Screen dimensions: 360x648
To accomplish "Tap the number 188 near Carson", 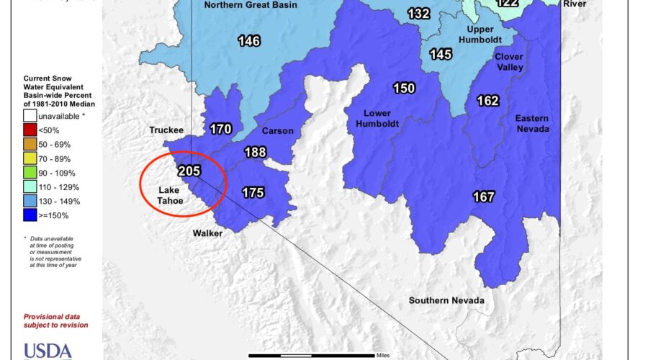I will coord(255,153).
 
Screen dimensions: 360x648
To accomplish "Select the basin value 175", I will coord(252,192).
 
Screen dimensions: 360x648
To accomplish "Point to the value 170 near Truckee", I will coord(220,130).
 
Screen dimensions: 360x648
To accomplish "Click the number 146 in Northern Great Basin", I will coord(249,41).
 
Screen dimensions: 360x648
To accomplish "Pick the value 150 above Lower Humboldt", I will coord(404,88).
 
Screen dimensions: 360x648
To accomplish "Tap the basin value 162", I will coord(487,101).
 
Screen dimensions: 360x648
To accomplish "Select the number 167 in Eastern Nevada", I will coord(483,196).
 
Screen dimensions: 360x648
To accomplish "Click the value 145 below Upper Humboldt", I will coord(441,54).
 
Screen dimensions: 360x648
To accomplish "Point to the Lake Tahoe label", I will coord(174,197).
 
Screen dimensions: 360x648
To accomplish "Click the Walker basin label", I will coord(207,233).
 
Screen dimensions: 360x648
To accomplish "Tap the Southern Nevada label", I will coord(446,300).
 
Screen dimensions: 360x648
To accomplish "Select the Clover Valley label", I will coord(509,61).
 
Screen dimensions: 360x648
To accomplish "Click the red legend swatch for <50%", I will coord(30,130).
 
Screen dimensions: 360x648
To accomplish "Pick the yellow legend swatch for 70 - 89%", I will coord(30,158).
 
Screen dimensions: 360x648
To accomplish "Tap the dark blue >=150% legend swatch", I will coord(30,215).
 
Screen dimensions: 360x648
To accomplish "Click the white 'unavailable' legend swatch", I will coord(30,115).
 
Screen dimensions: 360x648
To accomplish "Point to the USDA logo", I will coord(48,351).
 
